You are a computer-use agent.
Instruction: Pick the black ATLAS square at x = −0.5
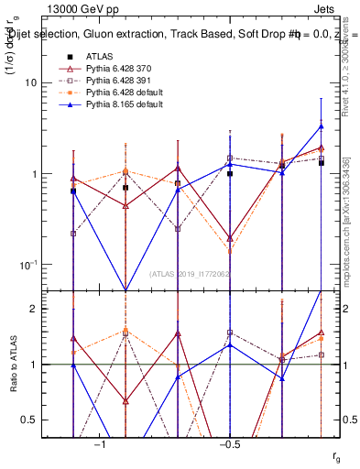click(x=230, y=173)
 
